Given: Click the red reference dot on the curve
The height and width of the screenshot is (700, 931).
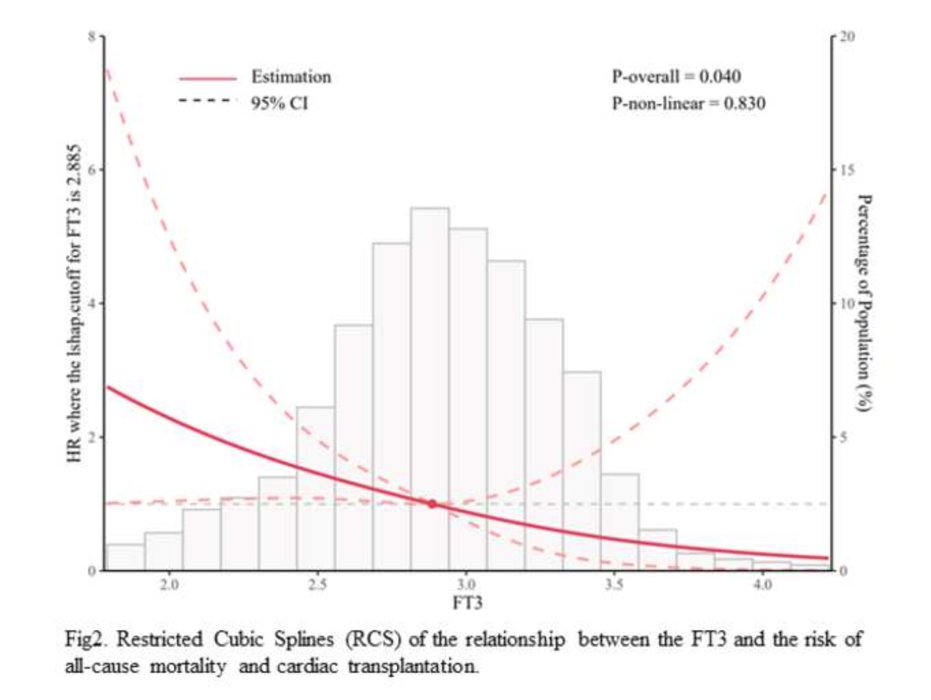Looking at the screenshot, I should pos(432,504).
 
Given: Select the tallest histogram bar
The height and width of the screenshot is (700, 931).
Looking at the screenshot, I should pos(430,389).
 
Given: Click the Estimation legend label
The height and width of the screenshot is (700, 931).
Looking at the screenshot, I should pos(291,77).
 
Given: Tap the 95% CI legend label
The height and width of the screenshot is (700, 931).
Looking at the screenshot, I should pos(279,103).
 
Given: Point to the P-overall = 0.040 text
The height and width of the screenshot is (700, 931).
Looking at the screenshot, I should pos(676,77).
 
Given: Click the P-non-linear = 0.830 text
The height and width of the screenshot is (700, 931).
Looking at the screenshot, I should pos(688,103).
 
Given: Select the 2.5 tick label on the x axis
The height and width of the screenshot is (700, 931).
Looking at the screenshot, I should pos(317,584).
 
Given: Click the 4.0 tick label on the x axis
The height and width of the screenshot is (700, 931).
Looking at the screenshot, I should pos(762,584).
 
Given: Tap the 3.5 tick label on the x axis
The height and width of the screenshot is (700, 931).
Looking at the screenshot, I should pos(614,584).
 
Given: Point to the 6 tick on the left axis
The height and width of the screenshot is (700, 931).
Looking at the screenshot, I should pos(92,169).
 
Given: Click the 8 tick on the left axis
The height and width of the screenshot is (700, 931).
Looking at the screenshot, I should pos(92,36).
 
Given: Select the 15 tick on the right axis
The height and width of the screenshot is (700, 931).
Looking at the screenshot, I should pos(847,169).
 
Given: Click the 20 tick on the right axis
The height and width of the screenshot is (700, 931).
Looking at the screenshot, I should pos(847,36).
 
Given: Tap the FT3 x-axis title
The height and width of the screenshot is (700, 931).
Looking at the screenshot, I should pos(467,603).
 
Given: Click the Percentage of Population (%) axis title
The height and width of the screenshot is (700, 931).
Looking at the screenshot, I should pos(864,302).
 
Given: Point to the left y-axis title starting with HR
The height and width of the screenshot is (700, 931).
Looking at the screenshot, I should pos(75,302).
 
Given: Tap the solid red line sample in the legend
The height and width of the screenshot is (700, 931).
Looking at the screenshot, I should pos(208,79).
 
